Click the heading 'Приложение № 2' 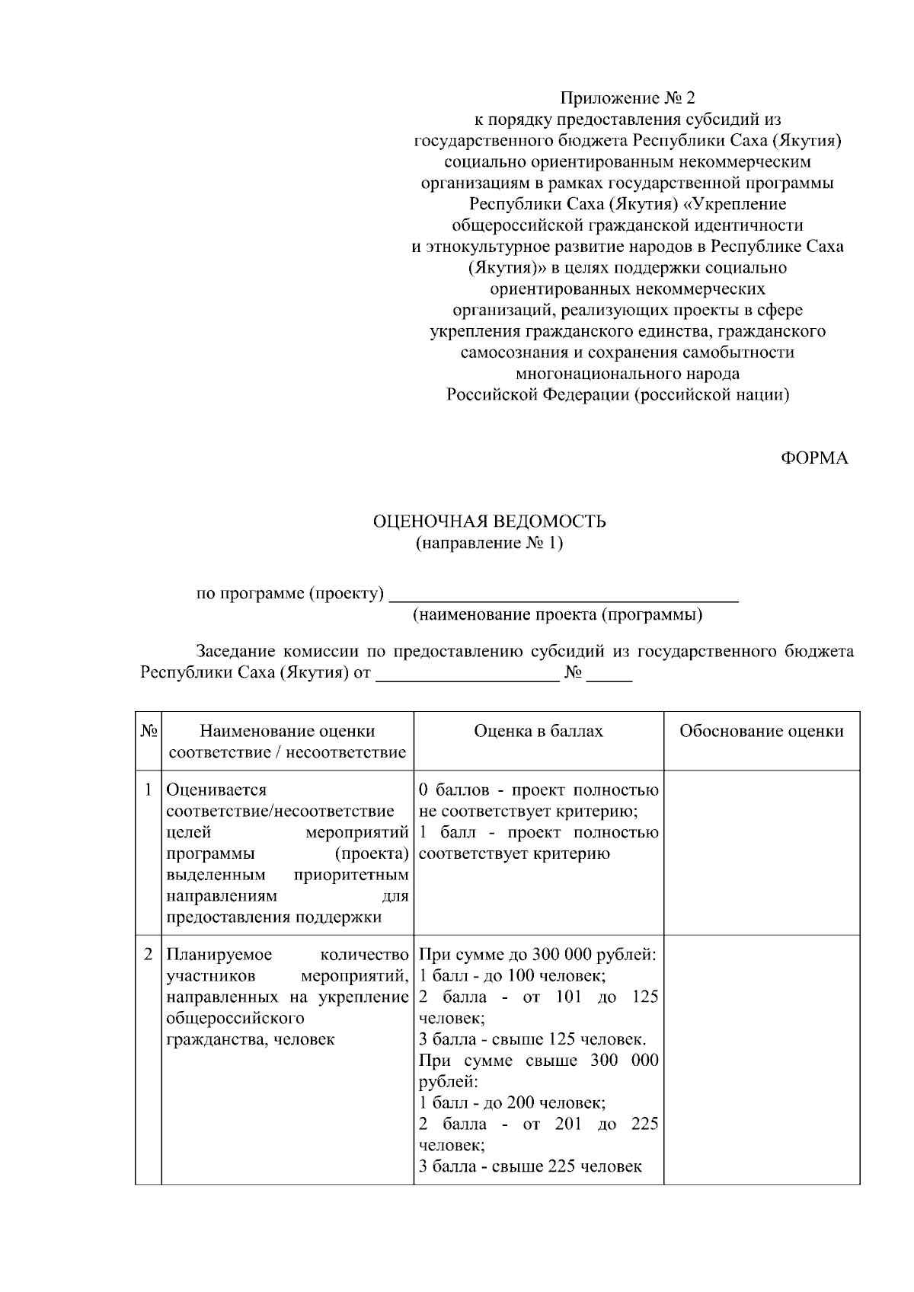pos(628,98)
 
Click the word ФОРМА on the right pos(813,458)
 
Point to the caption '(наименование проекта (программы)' pos(557,615)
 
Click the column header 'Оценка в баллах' pos(538,731)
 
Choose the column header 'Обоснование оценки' pos(761,731)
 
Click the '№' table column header pos(149,731)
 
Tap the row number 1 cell pos(149,790)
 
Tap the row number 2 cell pos(149,954)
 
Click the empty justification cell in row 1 pos(761,852)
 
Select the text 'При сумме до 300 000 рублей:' pos(538,954)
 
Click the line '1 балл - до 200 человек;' pos(512,1102)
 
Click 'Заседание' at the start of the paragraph pos(235,652)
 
